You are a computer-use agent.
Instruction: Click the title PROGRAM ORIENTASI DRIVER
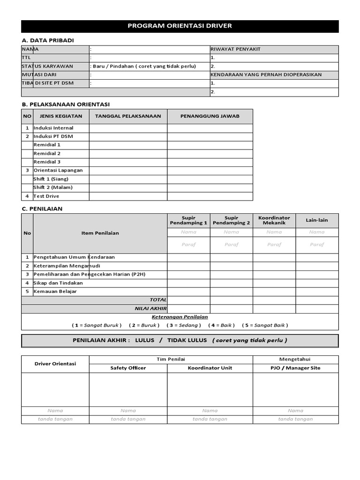pos(180,26)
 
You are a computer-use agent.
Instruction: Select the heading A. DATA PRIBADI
pos(48,41)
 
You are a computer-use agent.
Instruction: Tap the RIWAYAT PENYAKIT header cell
pos(235,49)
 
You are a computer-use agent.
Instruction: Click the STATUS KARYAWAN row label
pos(47,66)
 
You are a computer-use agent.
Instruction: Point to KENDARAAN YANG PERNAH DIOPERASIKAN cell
pos(266,75)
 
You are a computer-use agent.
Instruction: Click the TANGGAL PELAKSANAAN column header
pos(128,116)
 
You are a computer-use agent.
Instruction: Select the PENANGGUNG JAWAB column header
pos(210,116)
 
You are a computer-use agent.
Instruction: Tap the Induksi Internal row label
pos(53,128)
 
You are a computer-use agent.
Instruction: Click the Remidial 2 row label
pos(47,153)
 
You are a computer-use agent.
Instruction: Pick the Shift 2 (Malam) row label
pos(53,187)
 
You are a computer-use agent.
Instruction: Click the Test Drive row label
pos(46,196)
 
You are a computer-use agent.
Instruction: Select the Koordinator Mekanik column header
pos(274,220)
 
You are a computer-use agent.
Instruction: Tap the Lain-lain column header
pos(317,220)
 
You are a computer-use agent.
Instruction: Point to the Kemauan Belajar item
pos(55,291)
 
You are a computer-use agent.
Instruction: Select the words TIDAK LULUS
pos(187,340)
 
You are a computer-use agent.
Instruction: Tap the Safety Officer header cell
pos(128,368)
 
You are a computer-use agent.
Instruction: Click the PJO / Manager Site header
pos(295,368)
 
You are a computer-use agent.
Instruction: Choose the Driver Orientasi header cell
pos(55,364)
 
